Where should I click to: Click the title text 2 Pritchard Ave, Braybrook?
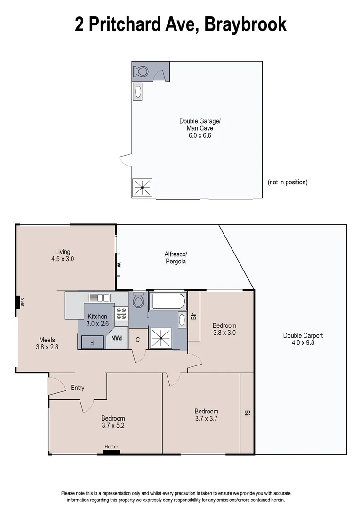180,24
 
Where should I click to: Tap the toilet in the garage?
141,71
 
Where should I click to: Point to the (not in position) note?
287,182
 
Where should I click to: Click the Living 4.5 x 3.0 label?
63,255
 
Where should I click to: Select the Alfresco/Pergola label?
176,258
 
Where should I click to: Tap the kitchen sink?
99,297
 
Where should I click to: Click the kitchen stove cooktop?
121,314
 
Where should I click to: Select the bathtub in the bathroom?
168,301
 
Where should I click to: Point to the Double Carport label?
303,339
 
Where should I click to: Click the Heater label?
112,447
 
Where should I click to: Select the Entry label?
78,388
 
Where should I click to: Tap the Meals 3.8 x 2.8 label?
47,343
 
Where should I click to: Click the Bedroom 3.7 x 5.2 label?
113,422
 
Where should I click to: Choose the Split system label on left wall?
22,302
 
